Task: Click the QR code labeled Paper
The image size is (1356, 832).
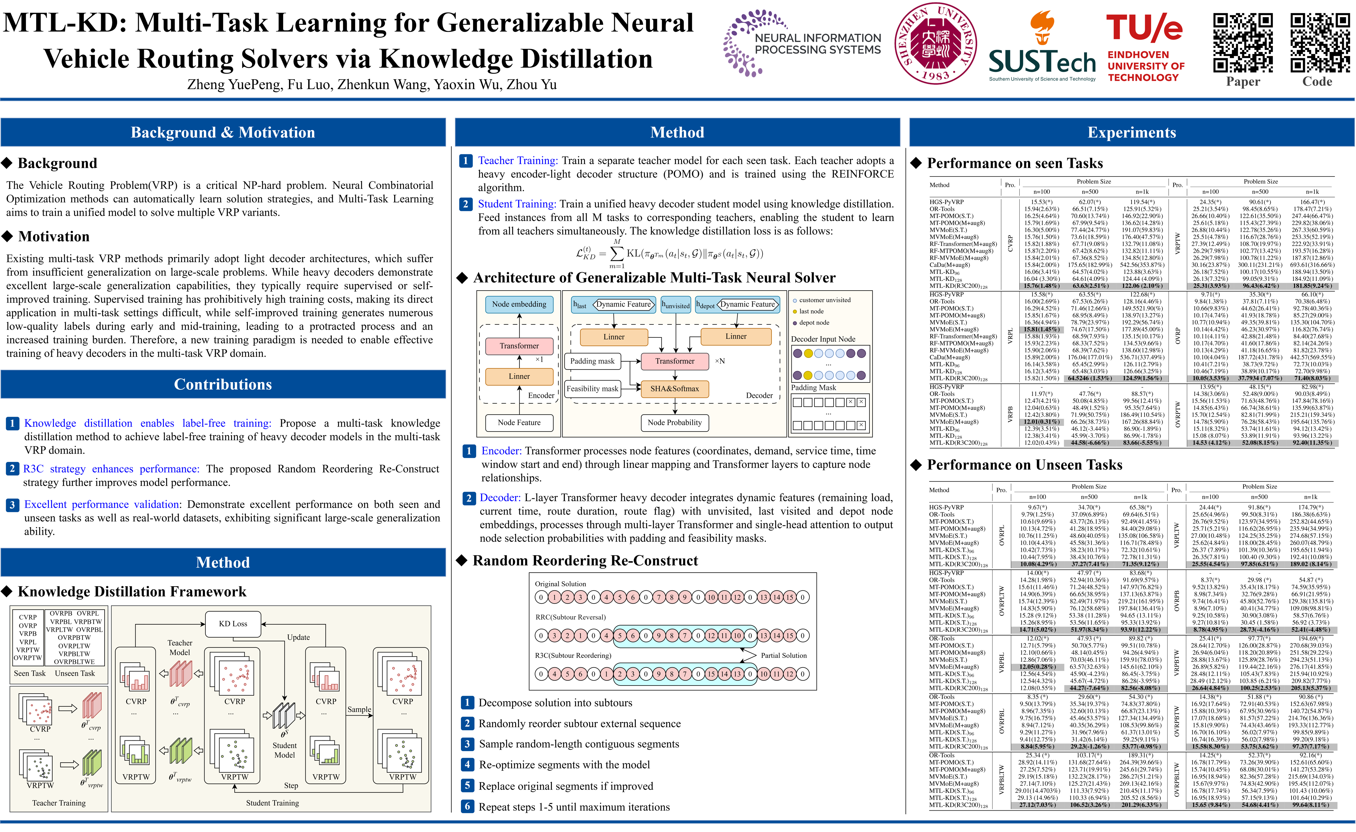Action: (x=1243, y=43)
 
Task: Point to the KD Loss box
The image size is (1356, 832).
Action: (x=233, y=623)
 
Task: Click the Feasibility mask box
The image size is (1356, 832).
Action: (x=592, y=389)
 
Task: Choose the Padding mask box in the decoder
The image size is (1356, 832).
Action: (x=592, y=361)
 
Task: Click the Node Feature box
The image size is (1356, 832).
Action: (x=519, y=423)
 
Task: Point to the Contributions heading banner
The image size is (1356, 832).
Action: (x=223, y=384)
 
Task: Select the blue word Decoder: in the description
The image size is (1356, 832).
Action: (x=500, y=497)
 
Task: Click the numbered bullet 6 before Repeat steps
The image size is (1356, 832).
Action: (x=467, y=807)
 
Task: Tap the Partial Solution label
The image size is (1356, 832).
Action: (x=783, y=655)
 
